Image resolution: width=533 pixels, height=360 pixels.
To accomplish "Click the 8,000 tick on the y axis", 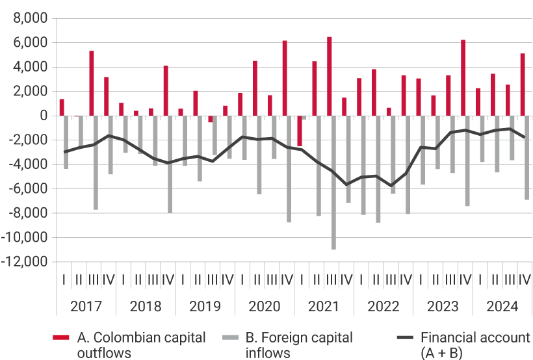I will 30,18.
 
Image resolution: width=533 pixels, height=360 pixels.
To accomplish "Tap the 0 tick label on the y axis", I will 43,116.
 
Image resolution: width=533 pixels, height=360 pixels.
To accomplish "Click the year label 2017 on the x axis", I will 86,306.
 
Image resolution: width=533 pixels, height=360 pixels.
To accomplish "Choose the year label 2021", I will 324,306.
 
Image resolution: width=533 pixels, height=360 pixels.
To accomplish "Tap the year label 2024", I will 502,306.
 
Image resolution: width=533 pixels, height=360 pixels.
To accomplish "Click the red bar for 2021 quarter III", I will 330,77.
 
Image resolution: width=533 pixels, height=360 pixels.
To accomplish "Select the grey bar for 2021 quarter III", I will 333,182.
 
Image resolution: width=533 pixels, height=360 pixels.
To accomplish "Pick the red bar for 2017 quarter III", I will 92,83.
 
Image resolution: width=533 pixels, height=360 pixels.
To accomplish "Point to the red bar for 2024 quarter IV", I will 523,84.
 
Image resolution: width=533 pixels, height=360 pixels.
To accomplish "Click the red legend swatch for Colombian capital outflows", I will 61,338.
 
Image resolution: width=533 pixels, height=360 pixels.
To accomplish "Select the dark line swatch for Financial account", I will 405,338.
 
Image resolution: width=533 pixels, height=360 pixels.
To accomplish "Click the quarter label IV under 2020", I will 287,279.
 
